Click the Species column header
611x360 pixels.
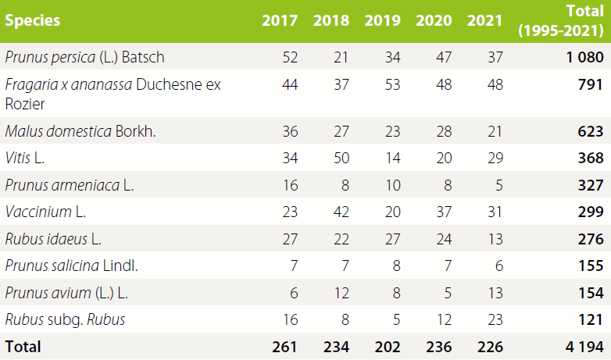click(32, 21)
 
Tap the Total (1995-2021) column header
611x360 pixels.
click(560, 21)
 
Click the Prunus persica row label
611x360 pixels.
click(84, 57)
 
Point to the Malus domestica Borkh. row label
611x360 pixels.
click(80, 131)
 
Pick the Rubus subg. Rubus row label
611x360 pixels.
click(65, 319)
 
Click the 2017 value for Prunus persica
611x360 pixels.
click(289, 57)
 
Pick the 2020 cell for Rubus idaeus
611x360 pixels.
click(443, 239)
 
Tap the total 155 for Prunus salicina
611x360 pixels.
click(588, 266)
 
